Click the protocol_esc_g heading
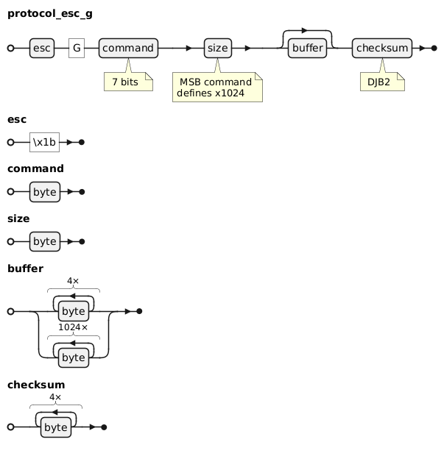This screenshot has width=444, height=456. pyautogui.click(x=50, y=13)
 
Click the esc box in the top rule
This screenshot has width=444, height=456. pyautogui.click(x=42, y=48)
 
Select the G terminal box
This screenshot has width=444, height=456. pyautogui.click(x=77, y=48)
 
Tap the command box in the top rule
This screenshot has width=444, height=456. pyautogui.click(x=128, y=48)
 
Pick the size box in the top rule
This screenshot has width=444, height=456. pyautogui.click(x=216, y=48)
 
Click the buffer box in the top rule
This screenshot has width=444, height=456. pyautogui.click(x=307, y=48)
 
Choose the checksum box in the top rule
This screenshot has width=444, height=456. pyautogui.click(x=381, y=48)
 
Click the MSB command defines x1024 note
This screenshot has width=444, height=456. pyautogui.click(x=217, y=87)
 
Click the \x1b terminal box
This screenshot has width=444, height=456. pyautogui.click(x=44, y=141)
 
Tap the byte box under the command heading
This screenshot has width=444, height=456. pyautogui.click(x=45, y=191)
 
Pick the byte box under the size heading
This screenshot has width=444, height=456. pyautogui.click(x=45, y=241)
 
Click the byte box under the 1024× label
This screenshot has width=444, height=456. pyautogui.click(x=73, y=357)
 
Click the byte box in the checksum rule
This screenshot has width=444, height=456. pyautogui.click(x=55, y=427)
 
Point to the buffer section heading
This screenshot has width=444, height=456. pyautogui.click(x=25, y=268)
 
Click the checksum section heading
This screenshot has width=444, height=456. pyautogui.click(x=35, y=385)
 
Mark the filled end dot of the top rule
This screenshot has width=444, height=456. pyautogui.click(x=434, y=48)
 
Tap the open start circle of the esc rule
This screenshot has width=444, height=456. pyautogui.click(x=11, y=141)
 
